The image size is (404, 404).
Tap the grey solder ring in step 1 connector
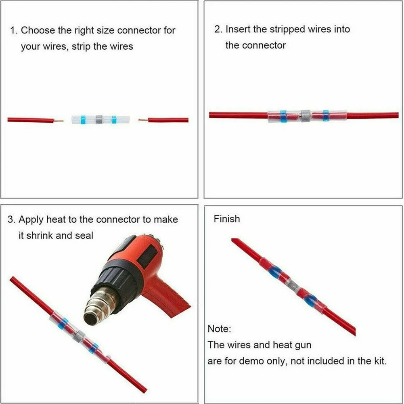pyautogui.click(x=98, y=119)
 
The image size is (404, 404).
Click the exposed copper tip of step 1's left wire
pyautogui.click(x=59, y=120)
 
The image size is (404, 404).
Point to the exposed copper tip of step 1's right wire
pyautogui.click(x=142, y=120)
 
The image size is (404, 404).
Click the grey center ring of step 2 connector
pyautogui.click(x=305, y=115)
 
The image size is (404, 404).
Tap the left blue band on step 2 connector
pyautogui.click(x=283, y=115)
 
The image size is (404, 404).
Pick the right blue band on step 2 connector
pyautogui.click(x=325, y=115)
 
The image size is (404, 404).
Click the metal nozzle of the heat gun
pyautogui.click(x=95, y=311)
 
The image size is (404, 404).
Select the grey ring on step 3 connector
pyautogui.click(x=78, y=335)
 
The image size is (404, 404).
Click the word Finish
pyautogui.click(x=227, y=219)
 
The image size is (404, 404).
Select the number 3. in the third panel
pyautogui.click(x=12, y=220)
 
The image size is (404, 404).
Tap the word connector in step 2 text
pyautogui.click(x=264, y=45)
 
